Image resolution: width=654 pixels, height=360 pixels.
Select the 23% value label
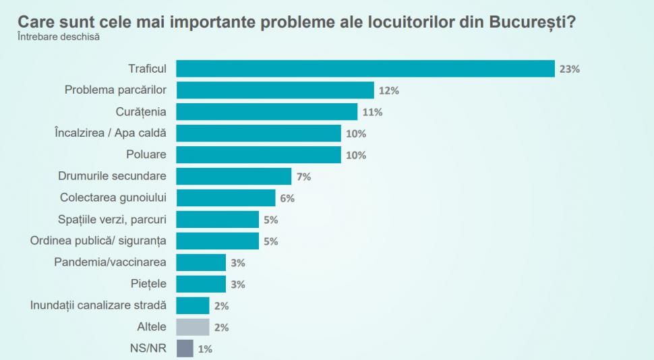pyautogui.click(x=569, y=69)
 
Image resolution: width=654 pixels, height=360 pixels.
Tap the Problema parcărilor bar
pyautogui.click(x=275, y=90)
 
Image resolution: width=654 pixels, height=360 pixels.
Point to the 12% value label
pyautogui.click(x=388, y=90)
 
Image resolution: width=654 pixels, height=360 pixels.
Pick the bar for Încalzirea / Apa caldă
pyautogui.click(x=259, y=133)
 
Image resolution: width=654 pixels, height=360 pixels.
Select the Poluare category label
pyautogui.click(x=146, y=154)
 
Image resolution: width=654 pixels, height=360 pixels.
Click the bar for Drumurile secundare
pyautogui.click(x=234, y=176)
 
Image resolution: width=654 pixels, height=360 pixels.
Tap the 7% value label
pyautogui.click(x=303, y=177)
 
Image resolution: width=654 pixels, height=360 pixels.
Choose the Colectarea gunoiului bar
pyautogui.click(x=226, y=198)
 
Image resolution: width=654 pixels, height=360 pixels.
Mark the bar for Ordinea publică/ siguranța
pyautogui.click(x=218, y=241)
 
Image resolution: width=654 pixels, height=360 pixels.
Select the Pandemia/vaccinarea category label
pyautogui.click(x=110, y=262)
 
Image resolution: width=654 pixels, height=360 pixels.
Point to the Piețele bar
pyautogui.click(x=201, y=283)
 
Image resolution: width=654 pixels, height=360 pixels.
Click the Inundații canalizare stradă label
pyautogui.click(x=98, y=305)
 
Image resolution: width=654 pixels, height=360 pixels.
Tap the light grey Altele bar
pyautogui.click(x=193, y=327)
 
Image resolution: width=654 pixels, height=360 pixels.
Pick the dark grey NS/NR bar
pyautogui.click(x=185, y=348)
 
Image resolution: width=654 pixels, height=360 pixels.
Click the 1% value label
pyautogui.click(x=204, y=349)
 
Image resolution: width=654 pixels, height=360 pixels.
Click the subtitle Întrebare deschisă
pyautogui.click(x=59, y=36)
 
